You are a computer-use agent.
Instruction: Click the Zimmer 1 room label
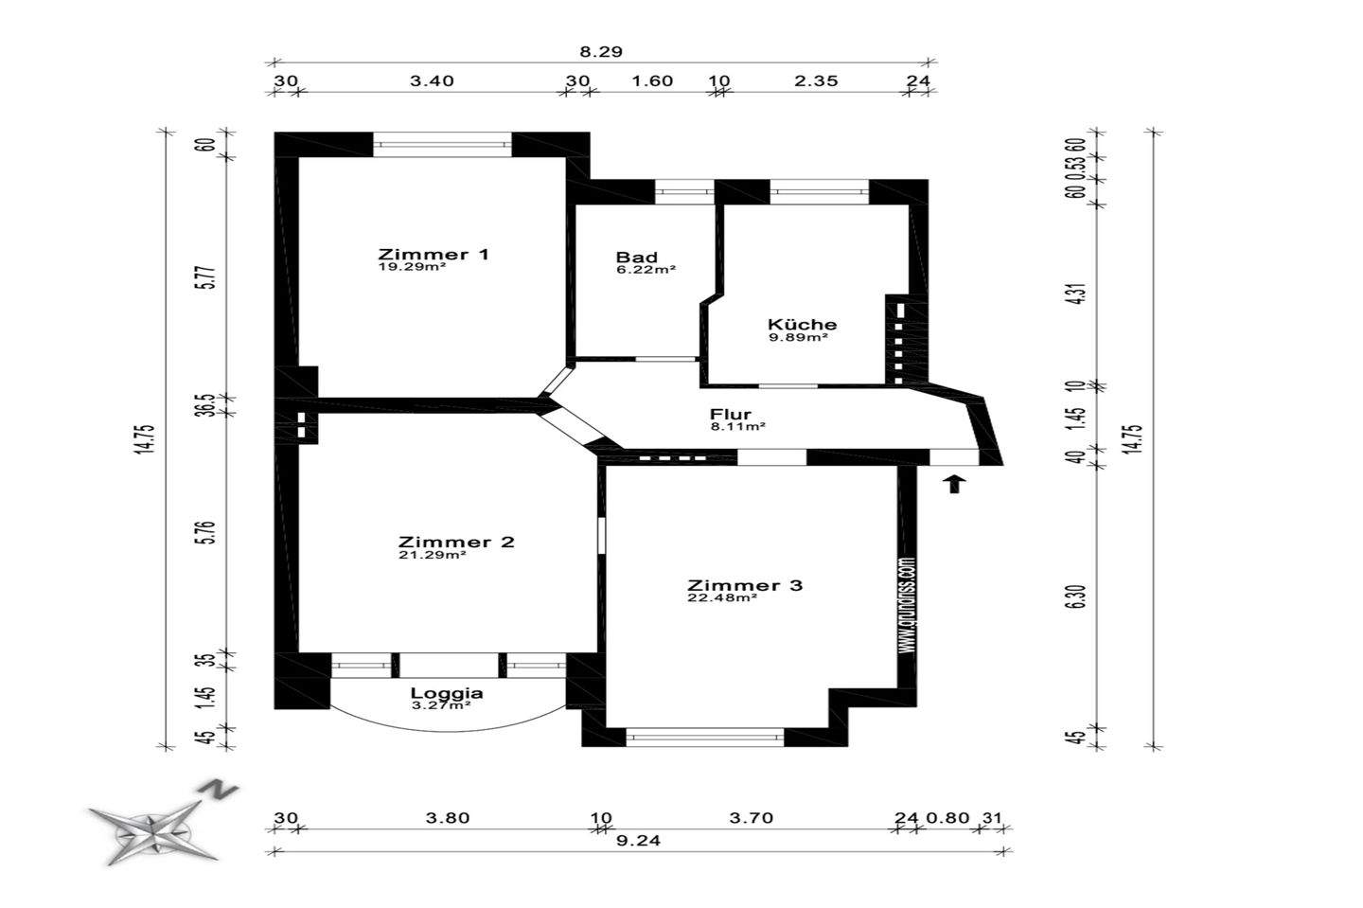point(434,255)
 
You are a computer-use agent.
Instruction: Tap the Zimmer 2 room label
point(456,542)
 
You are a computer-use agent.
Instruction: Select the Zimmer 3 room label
point(745,585)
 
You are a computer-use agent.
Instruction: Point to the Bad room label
point(636,258)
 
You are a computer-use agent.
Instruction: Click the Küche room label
point(802,325)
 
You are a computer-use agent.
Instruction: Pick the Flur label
point(731,414)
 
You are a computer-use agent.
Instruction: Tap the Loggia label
point(447,693)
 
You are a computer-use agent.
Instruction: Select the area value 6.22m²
point(646,270)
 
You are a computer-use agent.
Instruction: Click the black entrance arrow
point(955,485)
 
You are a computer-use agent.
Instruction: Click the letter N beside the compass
point(217,790)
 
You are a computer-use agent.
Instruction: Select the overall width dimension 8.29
point(600,52)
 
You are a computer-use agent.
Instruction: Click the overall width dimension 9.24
point(638,841)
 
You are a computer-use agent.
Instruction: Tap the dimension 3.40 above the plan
point(432,80)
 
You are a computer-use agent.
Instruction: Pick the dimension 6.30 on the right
point(1077,596)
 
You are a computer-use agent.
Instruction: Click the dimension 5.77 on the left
point(208,276)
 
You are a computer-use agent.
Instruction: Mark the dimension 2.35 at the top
point(816,80)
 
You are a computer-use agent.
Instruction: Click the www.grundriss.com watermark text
point(908,606)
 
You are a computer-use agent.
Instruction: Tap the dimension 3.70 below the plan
point(752,817)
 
